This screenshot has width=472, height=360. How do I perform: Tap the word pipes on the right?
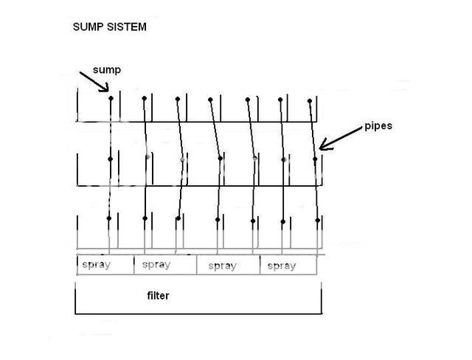click(x=378, y=125)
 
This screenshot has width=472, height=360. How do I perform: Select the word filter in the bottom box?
click(x=158, y=296)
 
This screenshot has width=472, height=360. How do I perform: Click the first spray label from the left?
click(x=97, y=264)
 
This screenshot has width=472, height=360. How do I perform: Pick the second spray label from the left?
click(x=156, y=264)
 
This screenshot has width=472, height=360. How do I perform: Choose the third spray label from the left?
click(x=221, y=266)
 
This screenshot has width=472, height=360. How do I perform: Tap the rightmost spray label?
click(x=280, y=266)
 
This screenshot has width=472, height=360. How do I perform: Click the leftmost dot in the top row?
click(x=111, y=97)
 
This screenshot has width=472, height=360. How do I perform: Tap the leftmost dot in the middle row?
click(x=111, y=159)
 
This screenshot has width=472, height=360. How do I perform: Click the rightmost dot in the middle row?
click(x=315, y=158)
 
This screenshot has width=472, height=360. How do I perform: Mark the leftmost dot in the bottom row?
click(x=110, y=217)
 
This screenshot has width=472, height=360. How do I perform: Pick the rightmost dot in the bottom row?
click(x=318, y=220)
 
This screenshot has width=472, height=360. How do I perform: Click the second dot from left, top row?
click(x=144, y=97)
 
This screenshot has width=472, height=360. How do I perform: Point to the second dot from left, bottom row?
click(x=145, y=218)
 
